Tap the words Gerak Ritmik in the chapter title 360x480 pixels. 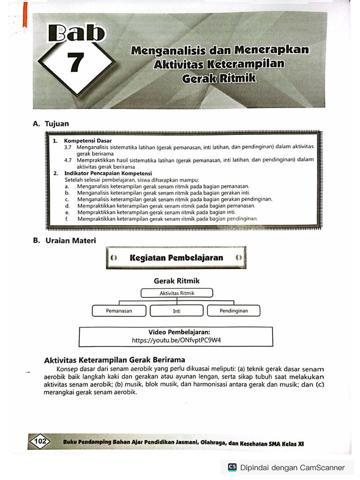[219, 78]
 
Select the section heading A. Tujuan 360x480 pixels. [51, 124]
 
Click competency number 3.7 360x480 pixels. [68, 147]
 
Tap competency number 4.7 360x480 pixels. [68, 160]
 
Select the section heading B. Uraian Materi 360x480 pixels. [64, 240]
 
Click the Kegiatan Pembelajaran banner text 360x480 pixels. [176, 258]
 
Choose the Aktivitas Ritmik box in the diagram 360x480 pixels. [177, 293]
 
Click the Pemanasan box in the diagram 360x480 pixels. [119, 310]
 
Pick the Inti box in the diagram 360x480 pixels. [177, 311]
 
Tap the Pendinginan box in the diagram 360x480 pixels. [233, 310]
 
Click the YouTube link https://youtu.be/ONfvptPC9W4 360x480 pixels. [176, 340]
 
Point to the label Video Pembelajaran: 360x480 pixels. [176, 331]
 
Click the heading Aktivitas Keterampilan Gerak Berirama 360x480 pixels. [114, 360]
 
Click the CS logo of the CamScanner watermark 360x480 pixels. [232, 467]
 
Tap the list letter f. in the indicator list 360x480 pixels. [67, 218]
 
